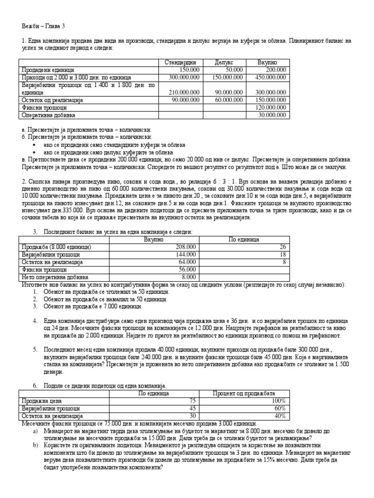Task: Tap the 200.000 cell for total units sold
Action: pyautogui.click(x=276, y=70)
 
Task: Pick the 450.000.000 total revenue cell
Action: pyautogui.click(x=267, y=77)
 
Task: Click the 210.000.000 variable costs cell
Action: pyautogui.click(x=181, y=92)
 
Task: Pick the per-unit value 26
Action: pyautogui.click(x=282, y=247)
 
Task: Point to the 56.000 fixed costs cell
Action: pyautogui.click(x=187, y=269)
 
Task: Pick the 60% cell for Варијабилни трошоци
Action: pyautogui.click(x=280, y=409)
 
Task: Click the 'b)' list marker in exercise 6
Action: pyautogui.click(x=35, y=445)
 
